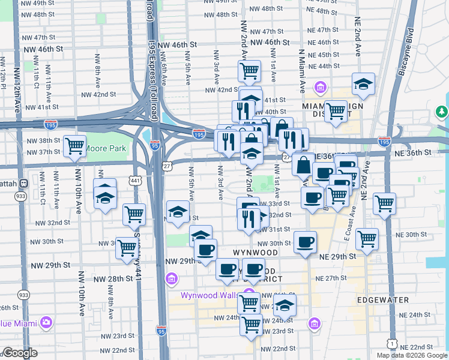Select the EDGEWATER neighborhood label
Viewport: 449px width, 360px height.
pyautogui.click(x=382, y=299)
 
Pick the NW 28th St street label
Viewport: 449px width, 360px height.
pyautogui.click(x=113, y=279)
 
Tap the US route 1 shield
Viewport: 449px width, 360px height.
pyautogui.click(x=391, y=343)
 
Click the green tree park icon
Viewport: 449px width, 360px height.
pyautogui.click(x=442, y=112)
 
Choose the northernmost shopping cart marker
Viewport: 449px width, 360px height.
pyautogui.click(x=249, y=71)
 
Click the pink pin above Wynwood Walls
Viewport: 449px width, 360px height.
pyautogui.click(x=249, y=294)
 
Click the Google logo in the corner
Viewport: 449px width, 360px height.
pyautogui.click(x=20, y=353)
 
